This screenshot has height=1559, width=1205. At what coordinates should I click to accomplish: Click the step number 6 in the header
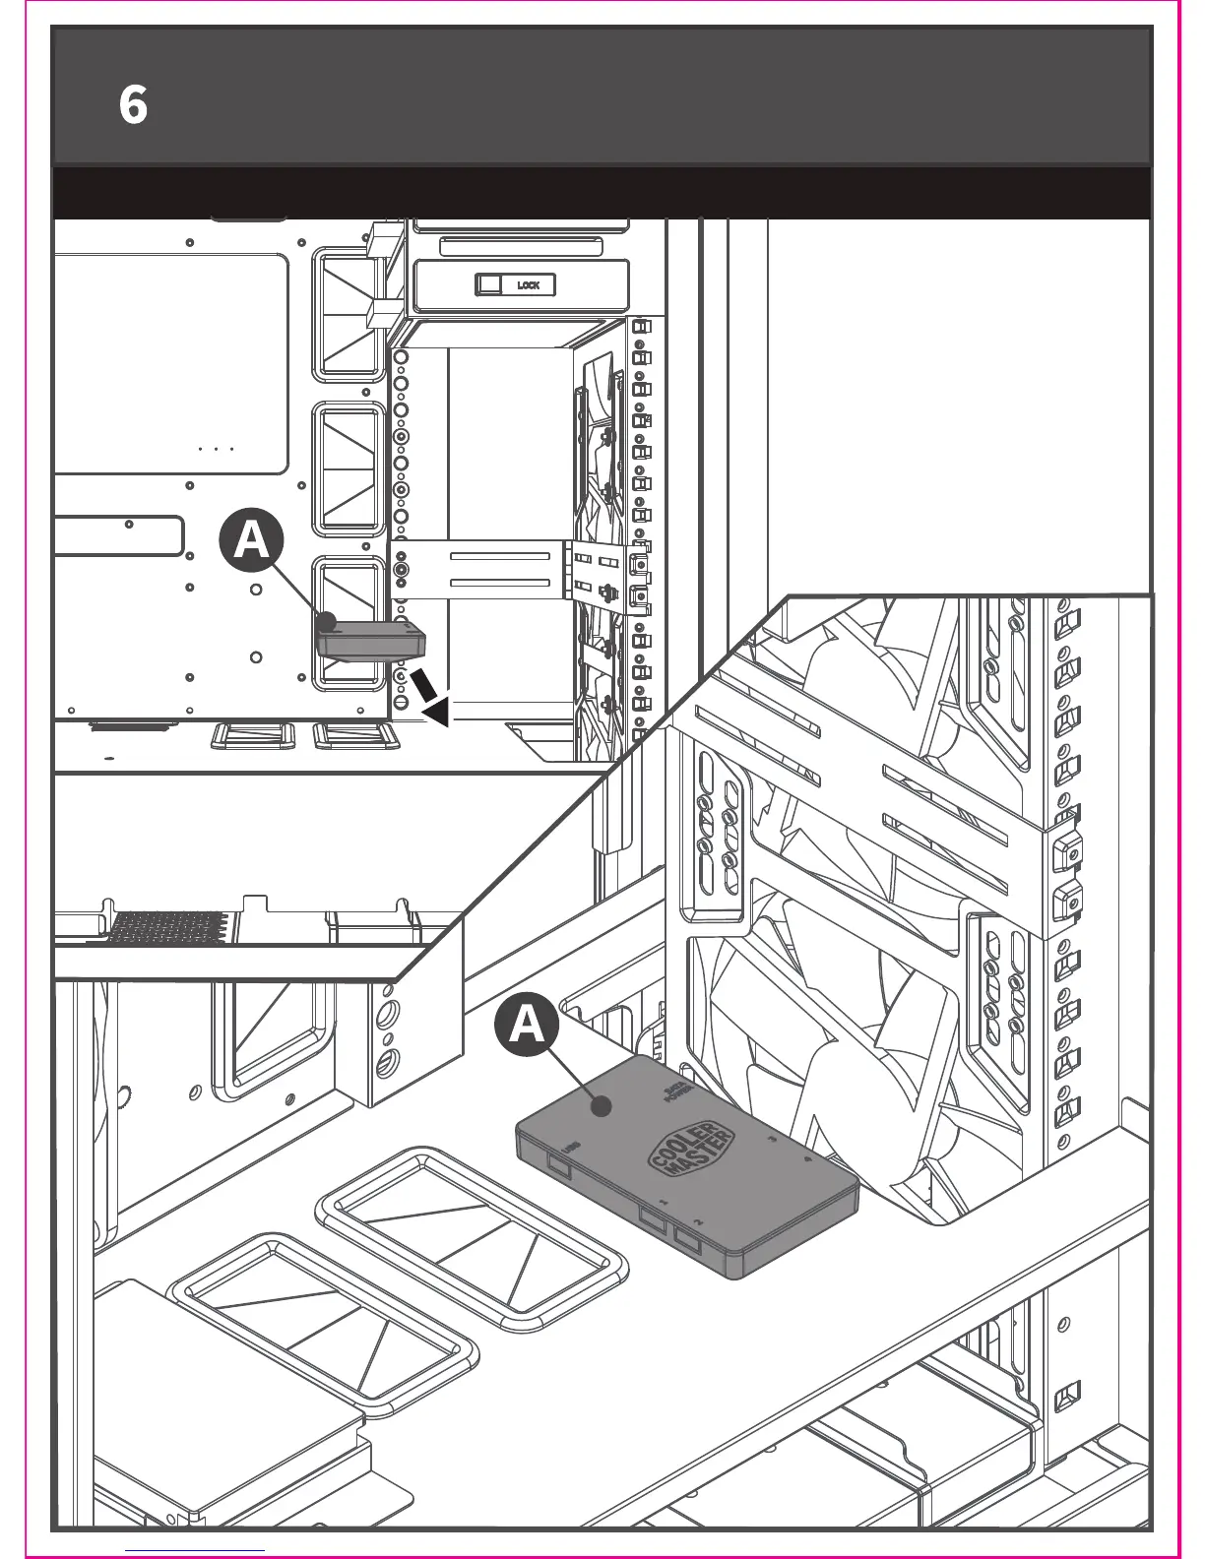click(x=133, y=104)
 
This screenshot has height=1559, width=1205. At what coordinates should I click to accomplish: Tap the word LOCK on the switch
click(x=529, y=285)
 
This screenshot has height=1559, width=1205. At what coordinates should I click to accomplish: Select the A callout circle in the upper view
click(x=251, y=540)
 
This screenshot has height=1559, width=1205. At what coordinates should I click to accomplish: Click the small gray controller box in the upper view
click(x=370, y=640)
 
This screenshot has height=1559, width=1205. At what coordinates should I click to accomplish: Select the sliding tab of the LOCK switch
click(x=488, y=284)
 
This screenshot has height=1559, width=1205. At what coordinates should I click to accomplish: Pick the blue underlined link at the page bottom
click(x=196, y=1549)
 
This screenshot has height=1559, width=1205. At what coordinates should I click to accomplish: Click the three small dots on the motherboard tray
click(x=216, y=448)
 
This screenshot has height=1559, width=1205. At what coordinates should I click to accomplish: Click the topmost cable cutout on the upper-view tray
click(x=349, y=315)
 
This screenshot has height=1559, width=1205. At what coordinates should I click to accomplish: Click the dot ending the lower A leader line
click(x=600, y=1106)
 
